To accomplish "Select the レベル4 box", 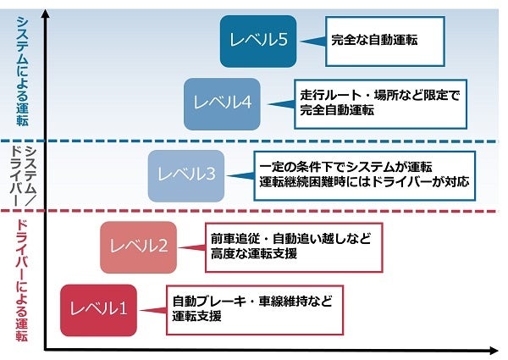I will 221,103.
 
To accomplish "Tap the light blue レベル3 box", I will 185,174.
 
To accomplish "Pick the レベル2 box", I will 139,246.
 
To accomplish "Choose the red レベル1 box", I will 98,309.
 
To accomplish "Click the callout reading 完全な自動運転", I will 385,40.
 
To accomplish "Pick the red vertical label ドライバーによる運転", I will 23,280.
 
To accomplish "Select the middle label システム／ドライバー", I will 23,175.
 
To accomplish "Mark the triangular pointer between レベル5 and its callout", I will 312,40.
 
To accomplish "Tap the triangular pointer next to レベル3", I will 240,175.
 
